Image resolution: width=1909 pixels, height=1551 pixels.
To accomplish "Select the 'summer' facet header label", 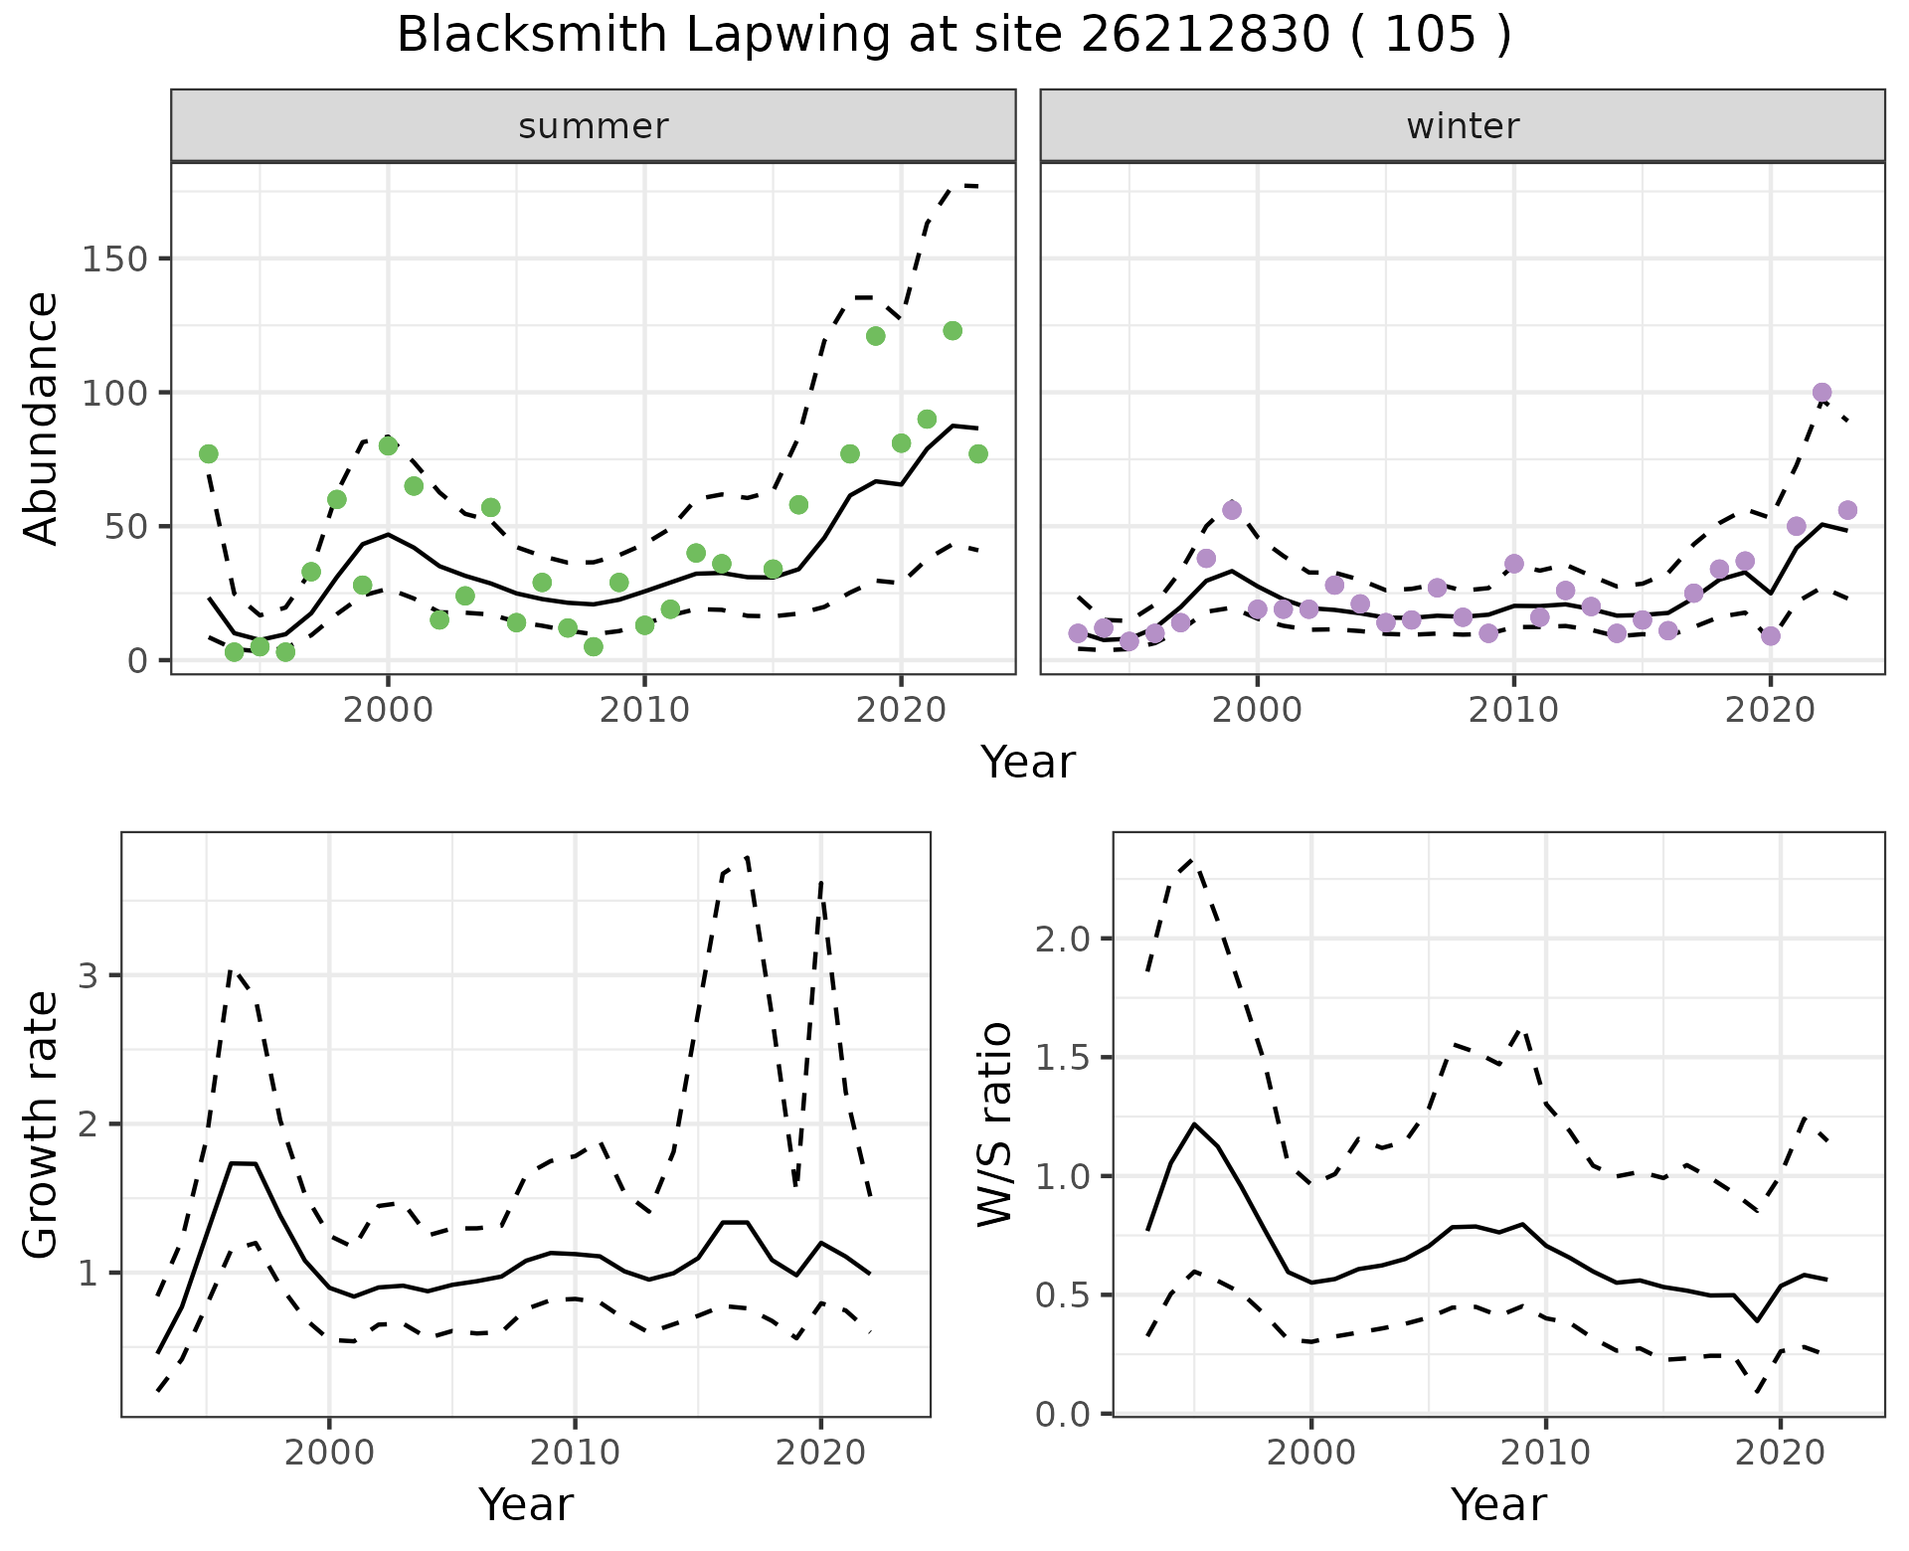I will click(x=594, y=126).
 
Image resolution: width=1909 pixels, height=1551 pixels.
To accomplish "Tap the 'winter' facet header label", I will click(x=1463, y=126).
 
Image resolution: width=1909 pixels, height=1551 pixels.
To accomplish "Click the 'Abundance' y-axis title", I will click(x=41, y=418).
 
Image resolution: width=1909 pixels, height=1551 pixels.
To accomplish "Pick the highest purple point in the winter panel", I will click(x=1822, y=393).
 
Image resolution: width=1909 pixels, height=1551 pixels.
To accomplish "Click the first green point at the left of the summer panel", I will click(x=209, y=454).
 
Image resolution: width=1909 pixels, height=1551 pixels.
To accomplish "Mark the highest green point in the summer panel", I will click(x=953, y=331).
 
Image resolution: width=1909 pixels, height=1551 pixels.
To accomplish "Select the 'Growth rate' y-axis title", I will click(x=41, y=1123).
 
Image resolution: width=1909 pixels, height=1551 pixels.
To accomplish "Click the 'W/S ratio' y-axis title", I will click(x=994, y=1123).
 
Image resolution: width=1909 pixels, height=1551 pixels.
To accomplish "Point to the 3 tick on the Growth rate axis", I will click(x=88, y=975).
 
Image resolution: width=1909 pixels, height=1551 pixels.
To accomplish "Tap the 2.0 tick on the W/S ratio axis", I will click(x=1061, y=939).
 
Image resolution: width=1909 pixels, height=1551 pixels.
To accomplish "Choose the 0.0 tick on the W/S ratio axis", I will click(x=1061, y=1414).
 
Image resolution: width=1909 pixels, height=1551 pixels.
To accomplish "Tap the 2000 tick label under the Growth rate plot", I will click(x=329, y=1452).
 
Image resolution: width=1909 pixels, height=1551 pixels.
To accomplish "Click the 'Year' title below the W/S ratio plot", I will click(x=1498, y=1504).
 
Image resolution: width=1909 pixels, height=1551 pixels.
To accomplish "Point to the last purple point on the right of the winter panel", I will click(x=1847, y=510).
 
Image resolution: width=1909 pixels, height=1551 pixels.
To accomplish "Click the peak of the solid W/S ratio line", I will click(x=1194, y=1123).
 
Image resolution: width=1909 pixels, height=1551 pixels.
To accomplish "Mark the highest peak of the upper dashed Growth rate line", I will click(x=747, y=856).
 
